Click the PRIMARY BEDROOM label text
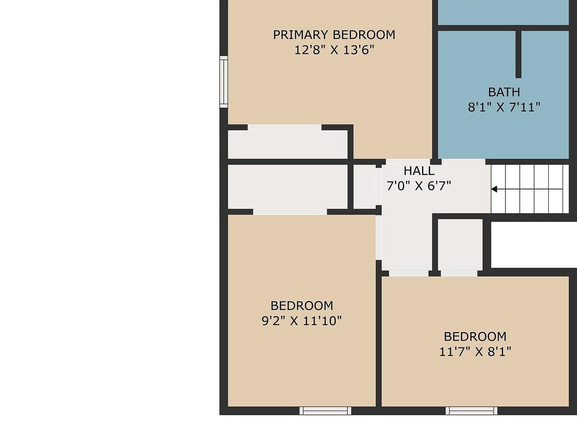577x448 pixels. (334, 35)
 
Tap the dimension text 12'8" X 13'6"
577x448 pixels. (334, 50)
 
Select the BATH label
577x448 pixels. (504, 92)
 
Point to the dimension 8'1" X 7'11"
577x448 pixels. (504, 107)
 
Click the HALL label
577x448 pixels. (419, 171)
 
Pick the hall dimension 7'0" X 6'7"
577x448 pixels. (419, 186)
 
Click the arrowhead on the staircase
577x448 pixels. (494, 189)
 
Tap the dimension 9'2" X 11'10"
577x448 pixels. (302, 321)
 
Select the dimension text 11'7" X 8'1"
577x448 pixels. (475, 352)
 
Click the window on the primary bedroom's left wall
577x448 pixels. (224, 82)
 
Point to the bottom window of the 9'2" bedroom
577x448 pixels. (325, 411)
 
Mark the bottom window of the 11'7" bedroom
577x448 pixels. (471, 411)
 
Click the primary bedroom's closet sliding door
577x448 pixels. (284, 127)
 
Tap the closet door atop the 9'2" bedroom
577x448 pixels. (290, 212)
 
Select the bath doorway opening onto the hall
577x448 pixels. (463, 161)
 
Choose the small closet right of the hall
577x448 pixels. (460, 244)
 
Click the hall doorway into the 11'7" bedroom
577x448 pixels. (409, 273)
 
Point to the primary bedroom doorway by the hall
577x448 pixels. (408, 161)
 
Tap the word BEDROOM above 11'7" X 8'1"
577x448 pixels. (475, 336)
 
